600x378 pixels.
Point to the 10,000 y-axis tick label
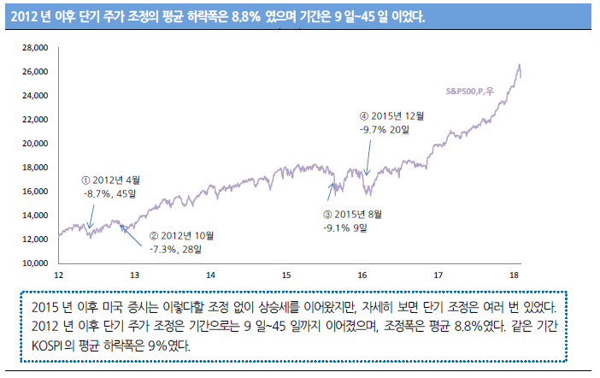34,263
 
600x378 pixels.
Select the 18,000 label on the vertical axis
34,168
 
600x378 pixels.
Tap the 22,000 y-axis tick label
34,120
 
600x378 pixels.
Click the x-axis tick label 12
59,275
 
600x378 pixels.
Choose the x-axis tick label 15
287,275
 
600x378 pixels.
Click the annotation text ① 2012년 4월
111,180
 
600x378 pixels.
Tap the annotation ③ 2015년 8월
352,214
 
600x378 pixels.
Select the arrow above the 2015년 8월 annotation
332,193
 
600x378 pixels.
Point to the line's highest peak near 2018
519,65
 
